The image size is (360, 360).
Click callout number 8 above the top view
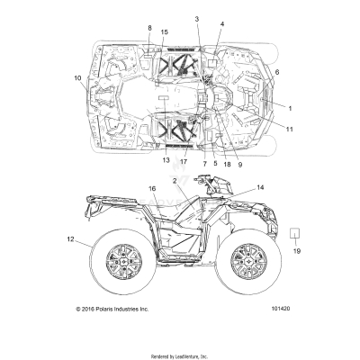(149, 29)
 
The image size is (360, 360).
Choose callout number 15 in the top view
(164, 33)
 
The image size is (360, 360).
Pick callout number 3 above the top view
(195, 19)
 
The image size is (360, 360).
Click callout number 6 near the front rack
(276, 71)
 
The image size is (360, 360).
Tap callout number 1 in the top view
(290, 107)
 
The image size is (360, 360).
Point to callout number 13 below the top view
(166, 160)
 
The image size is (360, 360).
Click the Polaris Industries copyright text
(112, 309)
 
